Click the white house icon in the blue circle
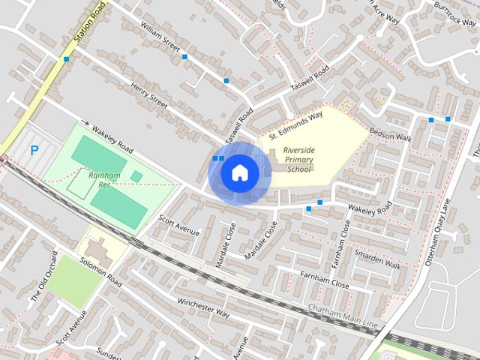point(238,172)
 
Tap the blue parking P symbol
point(34,150)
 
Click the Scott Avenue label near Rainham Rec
point(179,224)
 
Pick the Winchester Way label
point(202,307)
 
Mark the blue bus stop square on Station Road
point(67,58)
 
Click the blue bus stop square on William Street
point(184,56)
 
